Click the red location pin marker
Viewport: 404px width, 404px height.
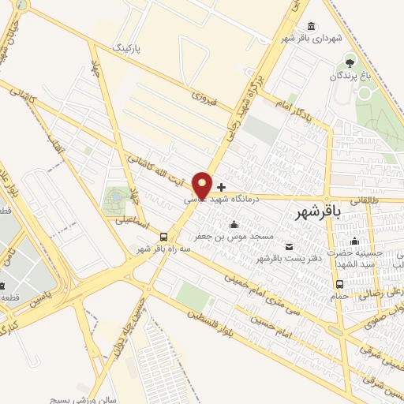click(x=203, y=185)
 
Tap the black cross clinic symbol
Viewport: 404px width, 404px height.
click(x=221, y=187)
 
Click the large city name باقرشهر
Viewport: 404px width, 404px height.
click(x=320, y=213)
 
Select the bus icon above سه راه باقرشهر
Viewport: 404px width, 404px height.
click(x=164, y=236)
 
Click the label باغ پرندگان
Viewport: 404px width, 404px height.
click(x=350, y=77)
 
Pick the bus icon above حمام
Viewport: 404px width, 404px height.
click(x=339, y=284)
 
